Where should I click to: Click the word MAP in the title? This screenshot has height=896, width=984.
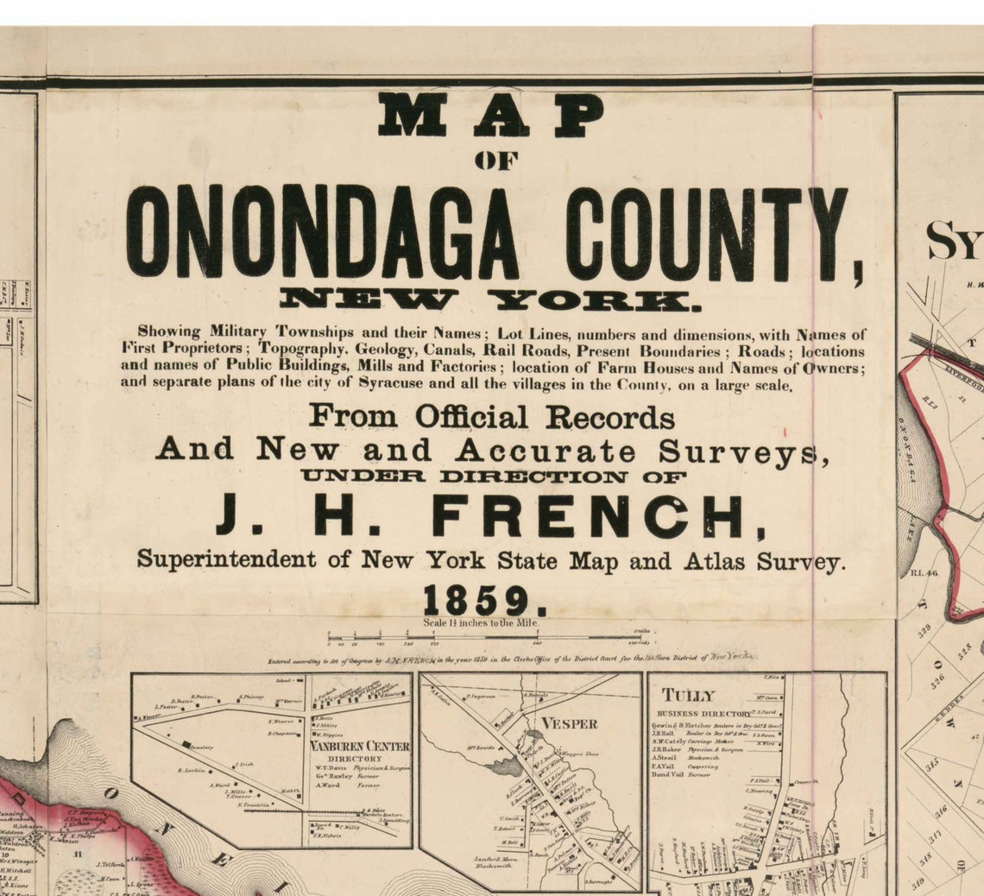491,115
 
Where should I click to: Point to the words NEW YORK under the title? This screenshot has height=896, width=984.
484,300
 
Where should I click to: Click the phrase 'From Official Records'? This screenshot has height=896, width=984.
491,417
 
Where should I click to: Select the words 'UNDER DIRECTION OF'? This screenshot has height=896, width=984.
493,476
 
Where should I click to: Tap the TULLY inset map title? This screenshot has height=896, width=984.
688,696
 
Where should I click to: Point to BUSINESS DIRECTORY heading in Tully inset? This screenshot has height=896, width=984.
703,714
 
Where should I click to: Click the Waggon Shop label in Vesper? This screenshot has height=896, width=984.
580,754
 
